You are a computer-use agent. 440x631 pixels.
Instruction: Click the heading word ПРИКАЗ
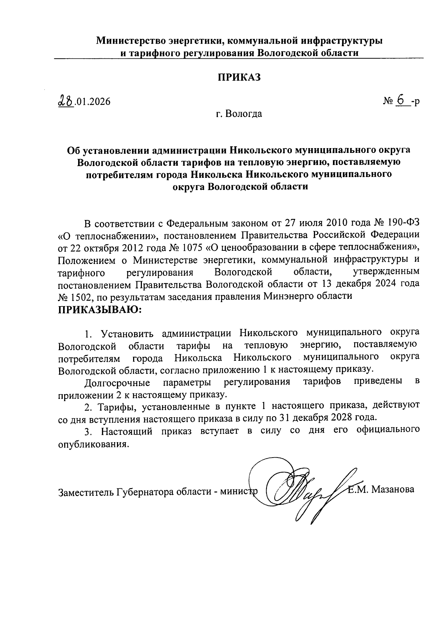click(x=239, y=77)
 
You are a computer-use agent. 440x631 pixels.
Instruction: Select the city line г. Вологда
click(x=239, y=114)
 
